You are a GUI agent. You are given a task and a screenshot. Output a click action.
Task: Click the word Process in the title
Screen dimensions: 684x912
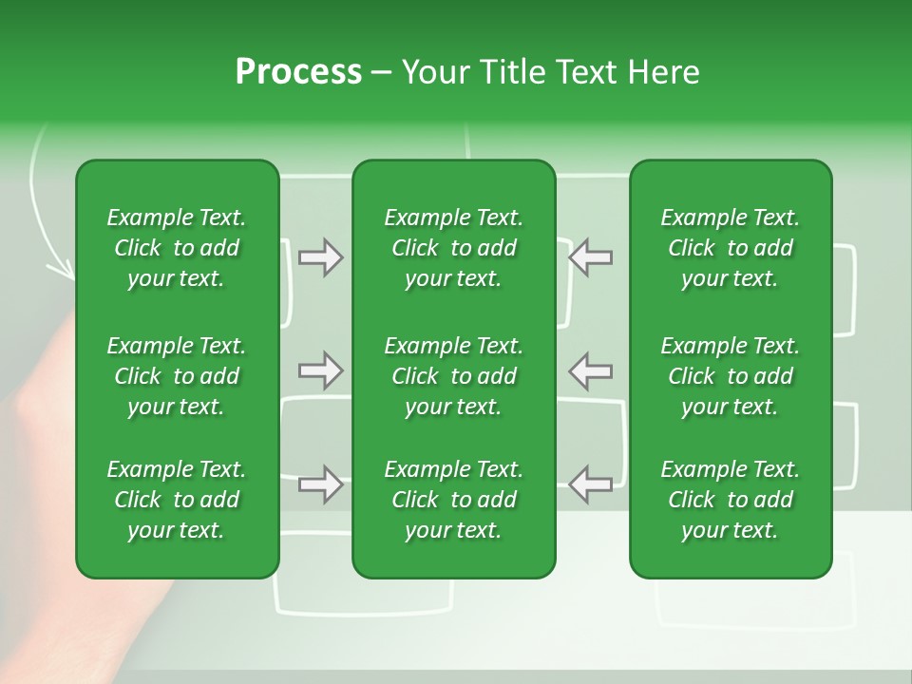[x=298, y=72]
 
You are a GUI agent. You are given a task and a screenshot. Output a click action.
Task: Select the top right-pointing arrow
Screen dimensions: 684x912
[x=320, y=257]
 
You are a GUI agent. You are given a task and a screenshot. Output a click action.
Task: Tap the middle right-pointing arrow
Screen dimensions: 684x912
[x=320, y=370]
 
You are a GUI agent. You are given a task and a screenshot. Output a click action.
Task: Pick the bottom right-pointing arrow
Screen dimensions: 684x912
[x=320, y=484]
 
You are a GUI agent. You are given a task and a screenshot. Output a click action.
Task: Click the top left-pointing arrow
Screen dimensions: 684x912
[x=591, y=257]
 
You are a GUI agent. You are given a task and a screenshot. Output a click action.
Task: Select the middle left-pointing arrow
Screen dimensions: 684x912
[x=591, y=370]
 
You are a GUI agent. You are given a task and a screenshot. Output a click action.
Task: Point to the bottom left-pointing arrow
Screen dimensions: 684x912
[x=591, y=484]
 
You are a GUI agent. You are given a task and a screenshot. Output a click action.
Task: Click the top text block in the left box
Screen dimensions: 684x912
[x=177, y=248]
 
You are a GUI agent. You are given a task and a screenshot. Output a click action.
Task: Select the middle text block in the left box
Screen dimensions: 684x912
[x=177, y=376]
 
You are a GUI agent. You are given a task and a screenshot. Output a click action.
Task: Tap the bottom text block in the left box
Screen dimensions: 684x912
[x=177, y=500]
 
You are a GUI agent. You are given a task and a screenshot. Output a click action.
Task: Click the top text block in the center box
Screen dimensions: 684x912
[x=453, y=248]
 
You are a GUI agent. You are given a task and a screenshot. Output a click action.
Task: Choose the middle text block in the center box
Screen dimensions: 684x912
[x=453, y=376]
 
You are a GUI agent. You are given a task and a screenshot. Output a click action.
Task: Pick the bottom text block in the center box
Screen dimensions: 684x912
[x=453, y=500]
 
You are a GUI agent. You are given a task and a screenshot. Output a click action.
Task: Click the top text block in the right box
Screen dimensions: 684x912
[x=731, y=248]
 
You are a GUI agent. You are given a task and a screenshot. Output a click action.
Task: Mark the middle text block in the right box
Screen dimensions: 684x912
[x=731, y=376]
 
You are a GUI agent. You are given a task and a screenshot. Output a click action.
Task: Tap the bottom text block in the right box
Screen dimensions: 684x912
[x=731, y=500]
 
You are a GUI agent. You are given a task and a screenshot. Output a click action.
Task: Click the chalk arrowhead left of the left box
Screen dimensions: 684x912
[x=63, y=270]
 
